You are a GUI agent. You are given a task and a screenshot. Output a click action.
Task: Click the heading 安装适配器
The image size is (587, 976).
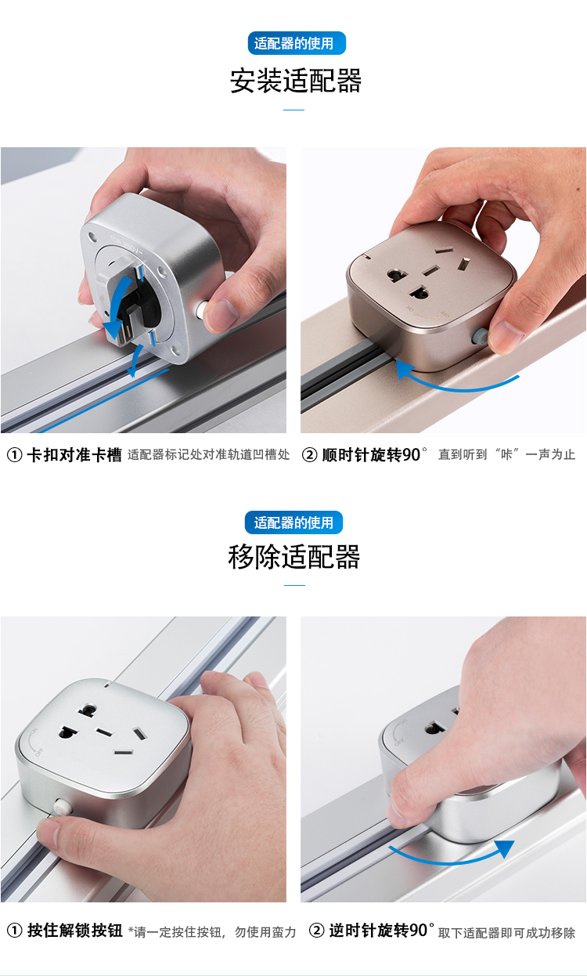pyautogui.click(x=295, y=81)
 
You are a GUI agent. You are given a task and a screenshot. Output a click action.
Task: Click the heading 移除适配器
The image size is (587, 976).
pyautogui.click(x=294, y=557)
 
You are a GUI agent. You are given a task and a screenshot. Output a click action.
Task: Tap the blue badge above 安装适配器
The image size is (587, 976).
pyautogui.click(x=297, y=43)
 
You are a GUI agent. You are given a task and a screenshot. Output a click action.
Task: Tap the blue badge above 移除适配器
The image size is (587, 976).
pyautogui.click(x=293, y=522)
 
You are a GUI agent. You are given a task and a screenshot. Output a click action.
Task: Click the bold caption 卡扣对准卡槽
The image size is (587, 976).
pyautogui.click(x=74, y=455)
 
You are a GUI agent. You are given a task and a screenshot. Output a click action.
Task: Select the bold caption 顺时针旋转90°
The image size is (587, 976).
pyautogui.click(x=374, y=455)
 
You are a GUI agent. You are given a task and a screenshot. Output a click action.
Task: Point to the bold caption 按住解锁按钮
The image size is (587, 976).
pyautogui.click(x=75, y=931)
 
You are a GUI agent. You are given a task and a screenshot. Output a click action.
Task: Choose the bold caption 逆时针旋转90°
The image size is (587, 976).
pyautogui.click(x=381, y=931)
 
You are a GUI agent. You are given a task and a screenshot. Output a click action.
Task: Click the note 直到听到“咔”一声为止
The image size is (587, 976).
pyautogui.click(x=506, y=455)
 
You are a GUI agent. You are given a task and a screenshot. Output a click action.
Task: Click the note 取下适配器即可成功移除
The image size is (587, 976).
pyautogui.click(x=506, y=933)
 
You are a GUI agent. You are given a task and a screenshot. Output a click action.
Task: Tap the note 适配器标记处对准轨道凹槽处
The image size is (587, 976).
pyautogui.click(x=209, y=455)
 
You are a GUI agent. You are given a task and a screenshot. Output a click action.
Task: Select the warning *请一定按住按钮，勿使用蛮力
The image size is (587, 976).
pyautogui.click(x=212, y=932)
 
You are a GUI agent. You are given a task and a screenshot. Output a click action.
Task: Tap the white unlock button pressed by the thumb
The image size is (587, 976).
pyautogui.click(x=63, y=807)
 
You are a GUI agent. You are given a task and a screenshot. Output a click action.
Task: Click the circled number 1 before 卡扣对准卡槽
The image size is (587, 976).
pyautogui.click(x=14, y=455)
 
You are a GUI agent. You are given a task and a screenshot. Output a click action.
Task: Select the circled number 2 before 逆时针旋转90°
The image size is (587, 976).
pyautogui.click(x=316, y=931)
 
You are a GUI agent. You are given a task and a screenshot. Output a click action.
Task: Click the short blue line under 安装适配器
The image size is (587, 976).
pyautogui.click(x=294, y=110)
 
